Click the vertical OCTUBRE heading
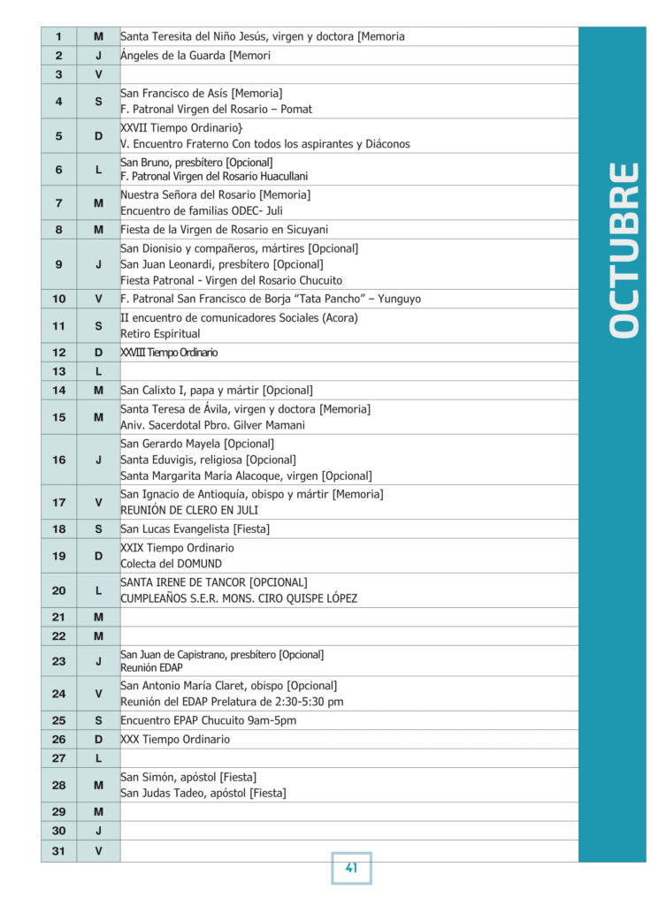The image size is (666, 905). tap(624, 248)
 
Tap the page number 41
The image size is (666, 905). tap(351, 868)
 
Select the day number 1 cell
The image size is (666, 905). tap(58, 36)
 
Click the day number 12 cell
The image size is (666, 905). tap(58, 352)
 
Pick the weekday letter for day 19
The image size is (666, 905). tap(98, 555)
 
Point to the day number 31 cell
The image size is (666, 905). tap(58, 850)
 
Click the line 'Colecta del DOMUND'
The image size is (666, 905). tap(171, 563)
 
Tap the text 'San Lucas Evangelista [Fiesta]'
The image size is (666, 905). tap(195, 529)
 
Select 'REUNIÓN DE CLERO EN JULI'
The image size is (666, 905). tap(189, 510)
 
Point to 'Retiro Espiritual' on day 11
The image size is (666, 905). tap(160, 334)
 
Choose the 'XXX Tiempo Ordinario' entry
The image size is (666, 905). tap(174, 739)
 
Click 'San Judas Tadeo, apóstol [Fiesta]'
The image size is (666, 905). tap(203, 793)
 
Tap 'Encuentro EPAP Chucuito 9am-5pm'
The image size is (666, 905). tap(208, 720)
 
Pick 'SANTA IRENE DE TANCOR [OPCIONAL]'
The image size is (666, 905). tap(213, 582)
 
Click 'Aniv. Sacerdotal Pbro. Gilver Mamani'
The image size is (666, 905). tap(212, 425)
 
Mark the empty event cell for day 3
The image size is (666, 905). tap(348, 74)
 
